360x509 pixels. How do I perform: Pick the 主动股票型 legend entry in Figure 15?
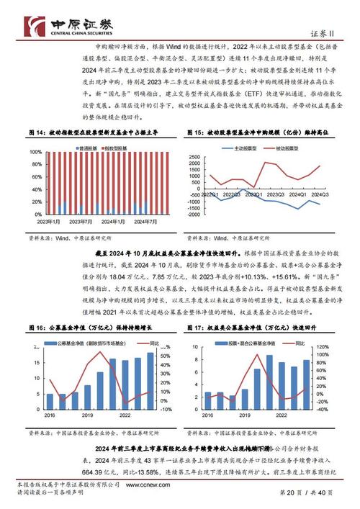(243, 148)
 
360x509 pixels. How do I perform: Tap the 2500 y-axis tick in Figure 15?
(193, 156)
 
